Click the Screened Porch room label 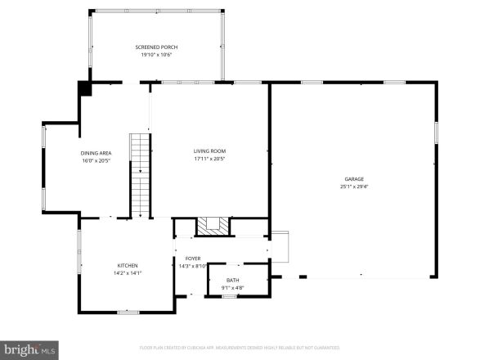click(156, 47)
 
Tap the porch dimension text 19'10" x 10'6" click(156, 55)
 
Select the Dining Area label click(96, 153)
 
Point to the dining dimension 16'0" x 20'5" click(96, 160)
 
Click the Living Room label click(209, 151)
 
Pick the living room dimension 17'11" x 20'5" click(209, 159)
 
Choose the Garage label click(353, 179)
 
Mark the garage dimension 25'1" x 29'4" click(353, 187)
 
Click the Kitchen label click(127, 266)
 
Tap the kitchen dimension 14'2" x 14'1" click(127, 273)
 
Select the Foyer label click(192, 259)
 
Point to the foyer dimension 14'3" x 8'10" click(192, 266)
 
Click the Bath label click(233, 281)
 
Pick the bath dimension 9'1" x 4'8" click(233, 288)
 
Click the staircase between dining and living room click(141, 176)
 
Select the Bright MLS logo click(29, 349)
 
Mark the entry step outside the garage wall click(280, 245)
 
